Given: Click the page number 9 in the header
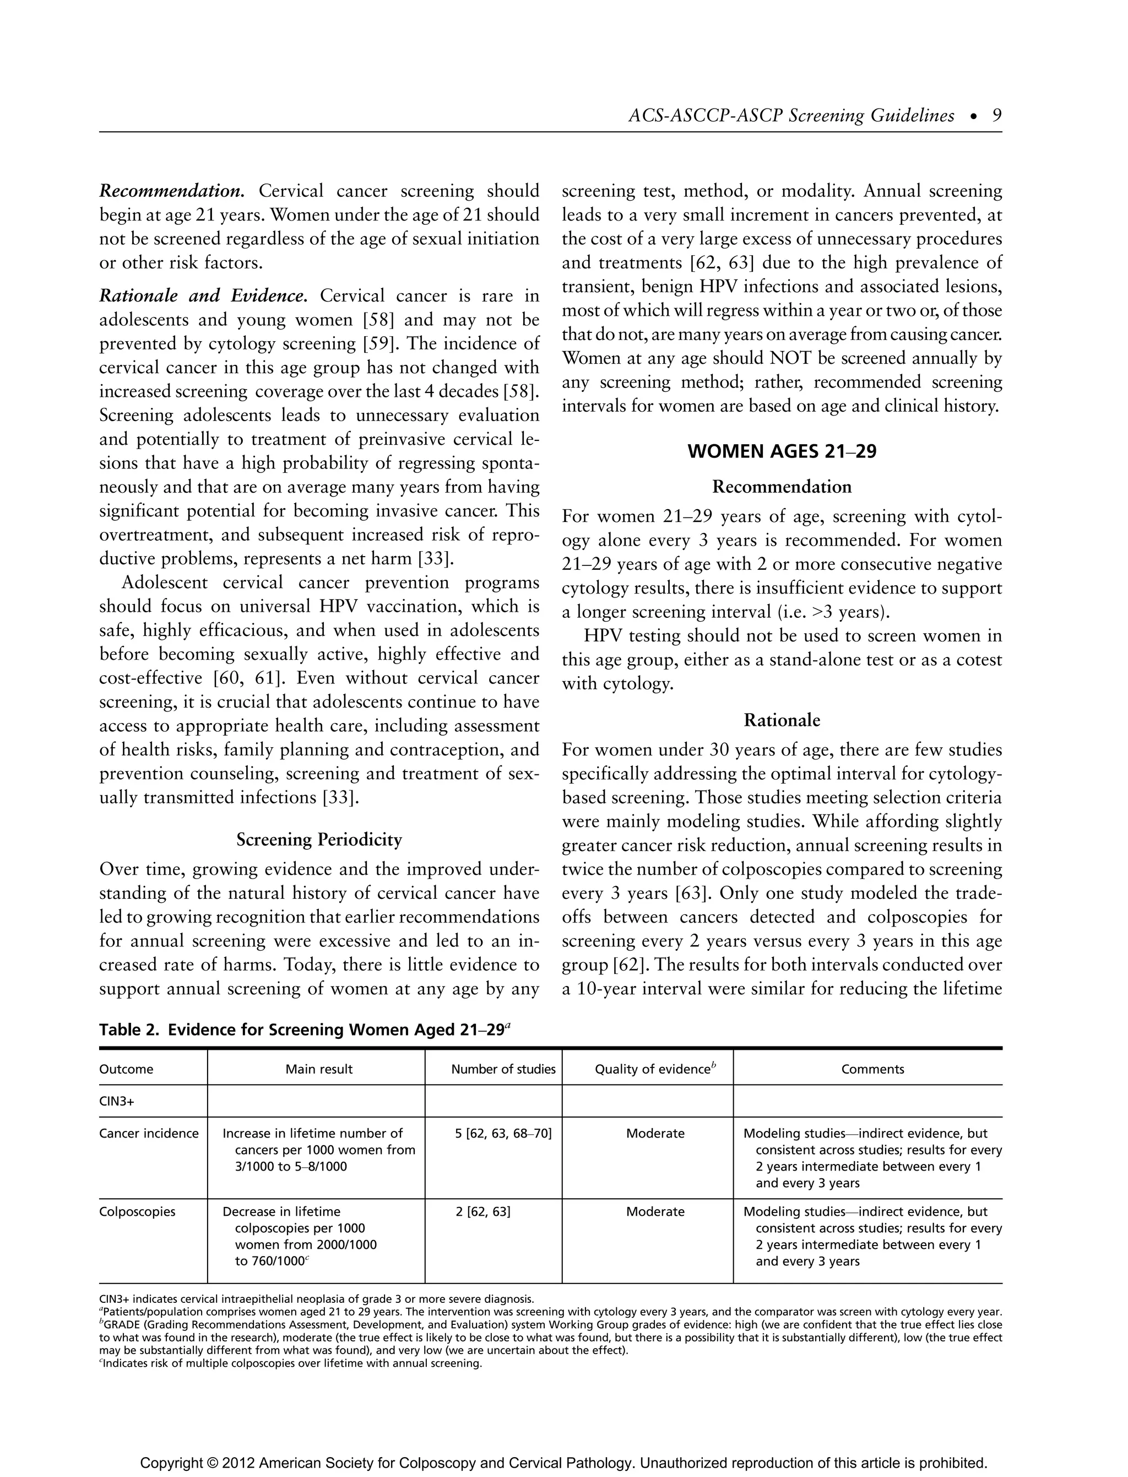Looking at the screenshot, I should point(996,116).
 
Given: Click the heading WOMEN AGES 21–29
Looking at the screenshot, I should point(782,452).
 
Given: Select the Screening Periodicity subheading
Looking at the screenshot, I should point(319,839).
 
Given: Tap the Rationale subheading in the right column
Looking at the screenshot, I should point(782,720).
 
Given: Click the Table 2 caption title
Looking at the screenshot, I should point(305,1029).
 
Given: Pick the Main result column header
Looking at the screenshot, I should point(319,1069).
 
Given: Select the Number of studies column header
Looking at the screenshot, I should point(503,1069).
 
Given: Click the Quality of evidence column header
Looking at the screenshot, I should point(655,1069).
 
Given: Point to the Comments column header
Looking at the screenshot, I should point(872,1069).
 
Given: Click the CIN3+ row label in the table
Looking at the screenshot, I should point(116,1102).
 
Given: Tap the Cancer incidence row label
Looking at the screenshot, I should point(148,1134).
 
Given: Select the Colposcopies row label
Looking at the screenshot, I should point(137,1212).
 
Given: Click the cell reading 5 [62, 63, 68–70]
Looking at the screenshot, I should point(503,1134).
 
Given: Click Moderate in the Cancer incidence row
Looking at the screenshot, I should point(655,1134).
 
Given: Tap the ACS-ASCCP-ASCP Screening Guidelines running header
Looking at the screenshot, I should point(790,116).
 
